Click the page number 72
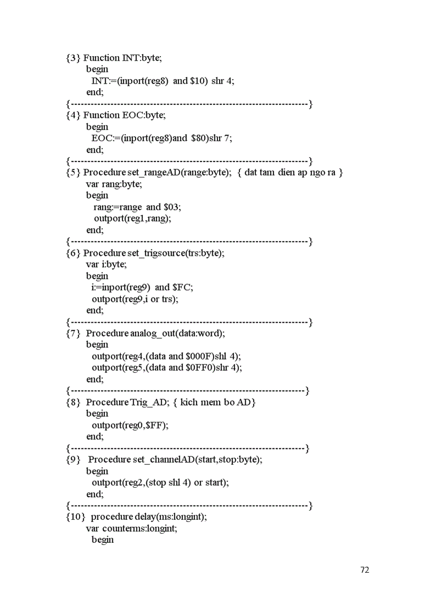[x=365, y=570]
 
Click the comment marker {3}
[x=73, y=58]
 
